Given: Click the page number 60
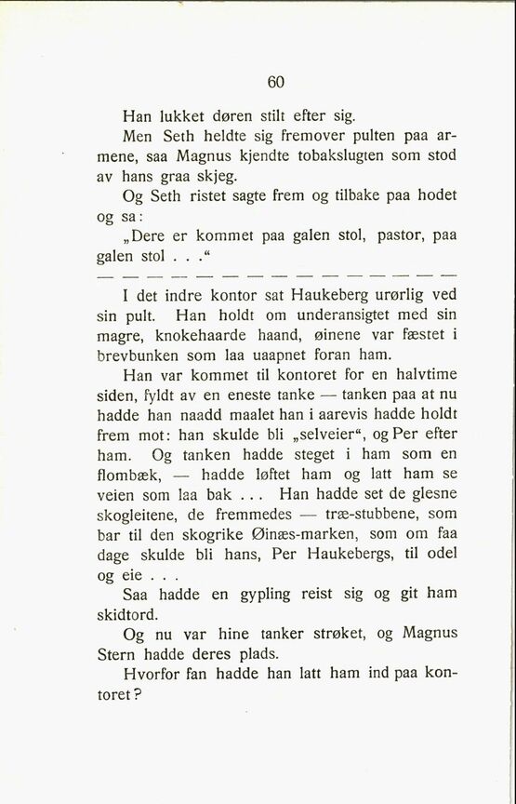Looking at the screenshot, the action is [275, 82].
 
